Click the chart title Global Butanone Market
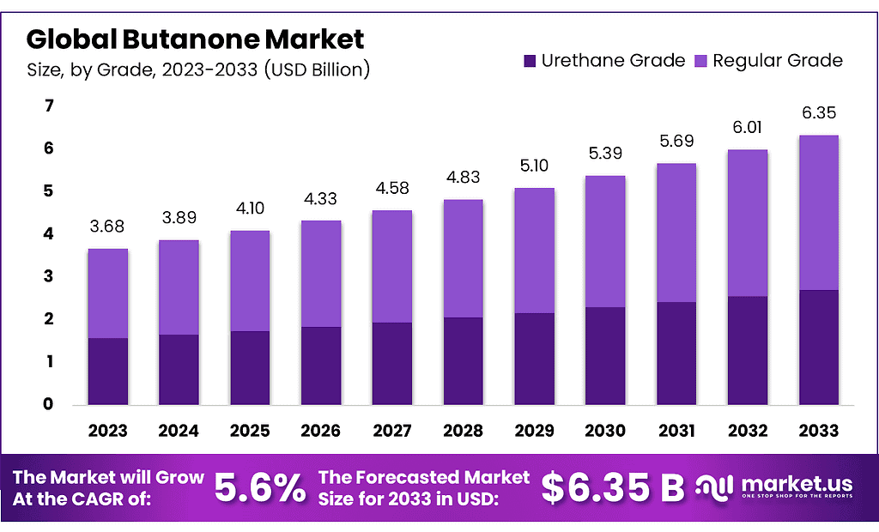[x=196, y=39]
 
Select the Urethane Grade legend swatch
[x=530, y=61]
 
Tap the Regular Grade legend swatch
[x=700, y=61]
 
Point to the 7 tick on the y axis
[x=49, y=106]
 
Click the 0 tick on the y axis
[x=49, y=404]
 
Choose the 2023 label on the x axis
[x=107, y=430]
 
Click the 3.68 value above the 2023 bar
[x=107, y=227]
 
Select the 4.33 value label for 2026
[x=320, y=199]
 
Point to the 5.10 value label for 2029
[x=533, y=166]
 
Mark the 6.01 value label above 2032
[x=746, y=128]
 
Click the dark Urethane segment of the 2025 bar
[x=249, y=367]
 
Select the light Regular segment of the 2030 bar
[x=604, y=241]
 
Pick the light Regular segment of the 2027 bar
[x=391, y=266]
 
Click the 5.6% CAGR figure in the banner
[x=259, y=487]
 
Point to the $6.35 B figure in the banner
[x=613, y=487]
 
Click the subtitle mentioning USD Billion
[x=198, y=70]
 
